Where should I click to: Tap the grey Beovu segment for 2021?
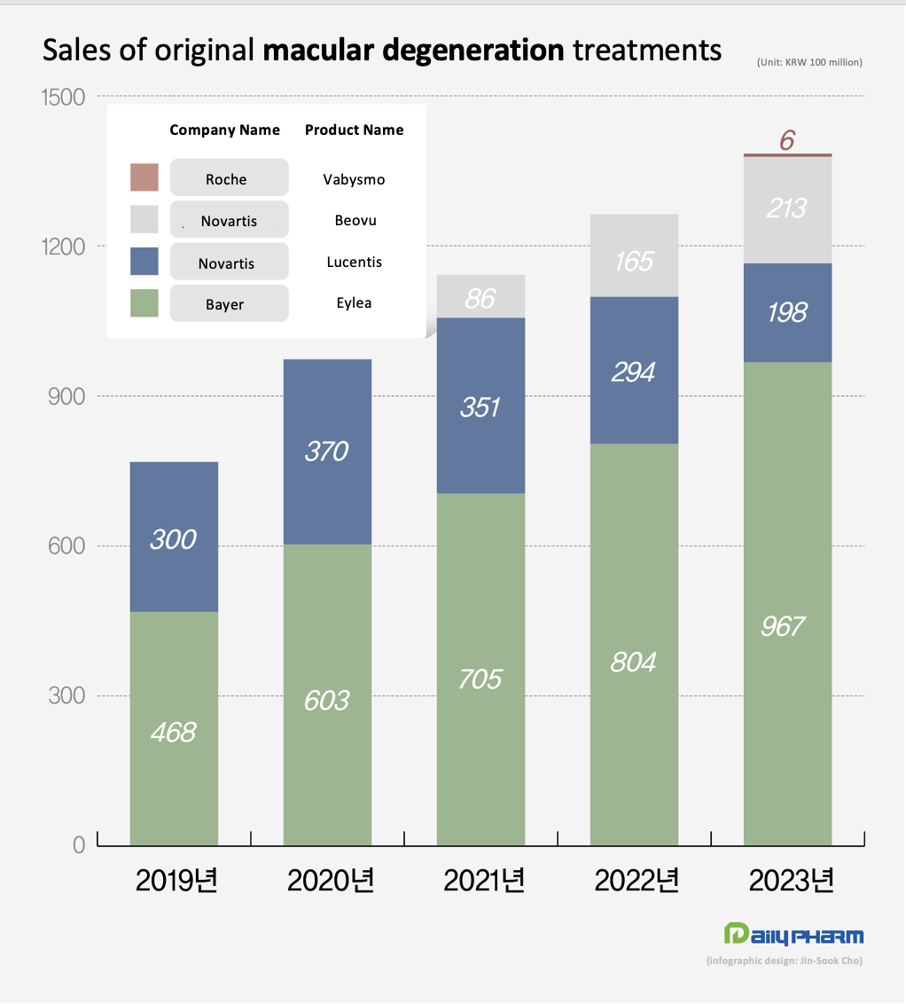(480, 296)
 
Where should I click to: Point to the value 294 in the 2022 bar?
(633, 373)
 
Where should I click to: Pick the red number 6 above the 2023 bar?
(787, 140)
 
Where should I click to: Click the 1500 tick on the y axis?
(64, 97)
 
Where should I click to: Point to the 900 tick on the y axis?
(66, 396)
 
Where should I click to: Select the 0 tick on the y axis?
(79, 846)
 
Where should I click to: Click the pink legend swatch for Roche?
(144, 177)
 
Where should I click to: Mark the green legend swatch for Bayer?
(144, 303)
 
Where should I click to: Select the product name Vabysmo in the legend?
(354, 179)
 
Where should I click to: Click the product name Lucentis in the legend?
(354, 263)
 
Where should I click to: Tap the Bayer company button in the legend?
(229, 304)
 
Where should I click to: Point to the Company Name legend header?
(224, 130)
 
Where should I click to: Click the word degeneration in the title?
(473, 50)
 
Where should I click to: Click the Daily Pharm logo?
(793, 935)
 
